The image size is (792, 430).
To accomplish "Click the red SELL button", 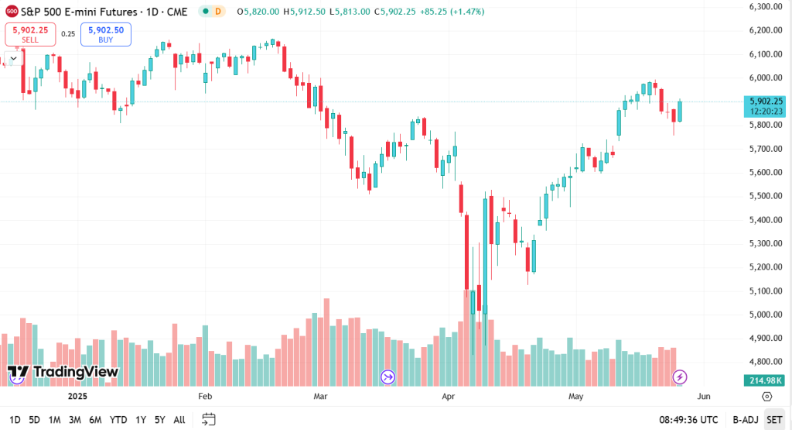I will pos(30,34).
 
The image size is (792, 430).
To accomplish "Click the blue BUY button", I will pos(106,34).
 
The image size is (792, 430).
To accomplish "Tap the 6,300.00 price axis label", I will pos(766,6).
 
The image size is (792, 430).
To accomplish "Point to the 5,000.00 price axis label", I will pos(766,315).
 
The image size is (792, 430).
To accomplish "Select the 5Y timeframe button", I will pos(159,419).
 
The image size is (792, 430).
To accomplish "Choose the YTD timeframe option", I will pos(118,419).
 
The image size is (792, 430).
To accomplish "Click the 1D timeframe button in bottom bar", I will pos(15,419).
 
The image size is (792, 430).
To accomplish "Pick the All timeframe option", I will pos(179,419).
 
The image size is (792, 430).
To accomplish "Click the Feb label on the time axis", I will pos(205,396).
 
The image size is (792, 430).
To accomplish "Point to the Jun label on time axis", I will pos(703,396).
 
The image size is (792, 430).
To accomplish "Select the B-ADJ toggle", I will pos(744,419).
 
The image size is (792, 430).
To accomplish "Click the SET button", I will pos(773,419).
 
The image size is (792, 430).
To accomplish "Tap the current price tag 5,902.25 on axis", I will pos(766,101).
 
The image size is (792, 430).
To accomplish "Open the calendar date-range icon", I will pos(208,419).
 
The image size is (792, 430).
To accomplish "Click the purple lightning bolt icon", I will pos(679,377).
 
